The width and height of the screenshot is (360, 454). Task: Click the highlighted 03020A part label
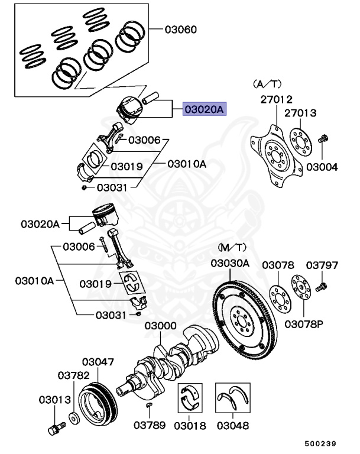pos(205,109)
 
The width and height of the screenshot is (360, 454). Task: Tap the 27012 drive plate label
pos(276,99)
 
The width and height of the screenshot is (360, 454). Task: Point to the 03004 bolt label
pos(323,167)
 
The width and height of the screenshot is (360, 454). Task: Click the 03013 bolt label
pos(55,400)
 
